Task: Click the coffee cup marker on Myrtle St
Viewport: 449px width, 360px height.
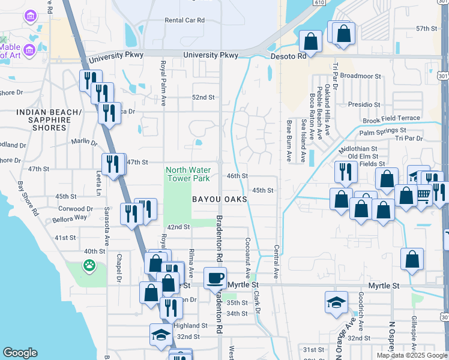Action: coord(214,278)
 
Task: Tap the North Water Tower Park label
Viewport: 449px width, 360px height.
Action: coord(188,174)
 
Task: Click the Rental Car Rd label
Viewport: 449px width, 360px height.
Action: coord(185,20)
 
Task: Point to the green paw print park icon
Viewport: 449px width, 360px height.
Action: coord(89,265)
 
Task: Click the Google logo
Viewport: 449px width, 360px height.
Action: coord(20,353)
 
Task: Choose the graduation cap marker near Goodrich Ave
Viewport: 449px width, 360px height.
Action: coord(336,302)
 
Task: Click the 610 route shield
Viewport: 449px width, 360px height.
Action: coord(319,3)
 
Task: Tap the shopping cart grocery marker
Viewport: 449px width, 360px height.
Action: coord(424,194)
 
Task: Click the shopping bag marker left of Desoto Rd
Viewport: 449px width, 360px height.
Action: coord(311,42)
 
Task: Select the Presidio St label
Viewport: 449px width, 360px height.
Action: coord(364,104)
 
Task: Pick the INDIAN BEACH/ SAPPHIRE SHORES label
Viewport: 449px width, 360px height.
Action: coord(49,120)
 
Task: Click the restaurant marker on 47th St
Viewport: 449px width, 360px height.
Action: coord(113,164)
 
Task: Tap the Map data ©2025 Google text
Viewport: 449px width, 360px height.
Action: coord(411,355)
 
